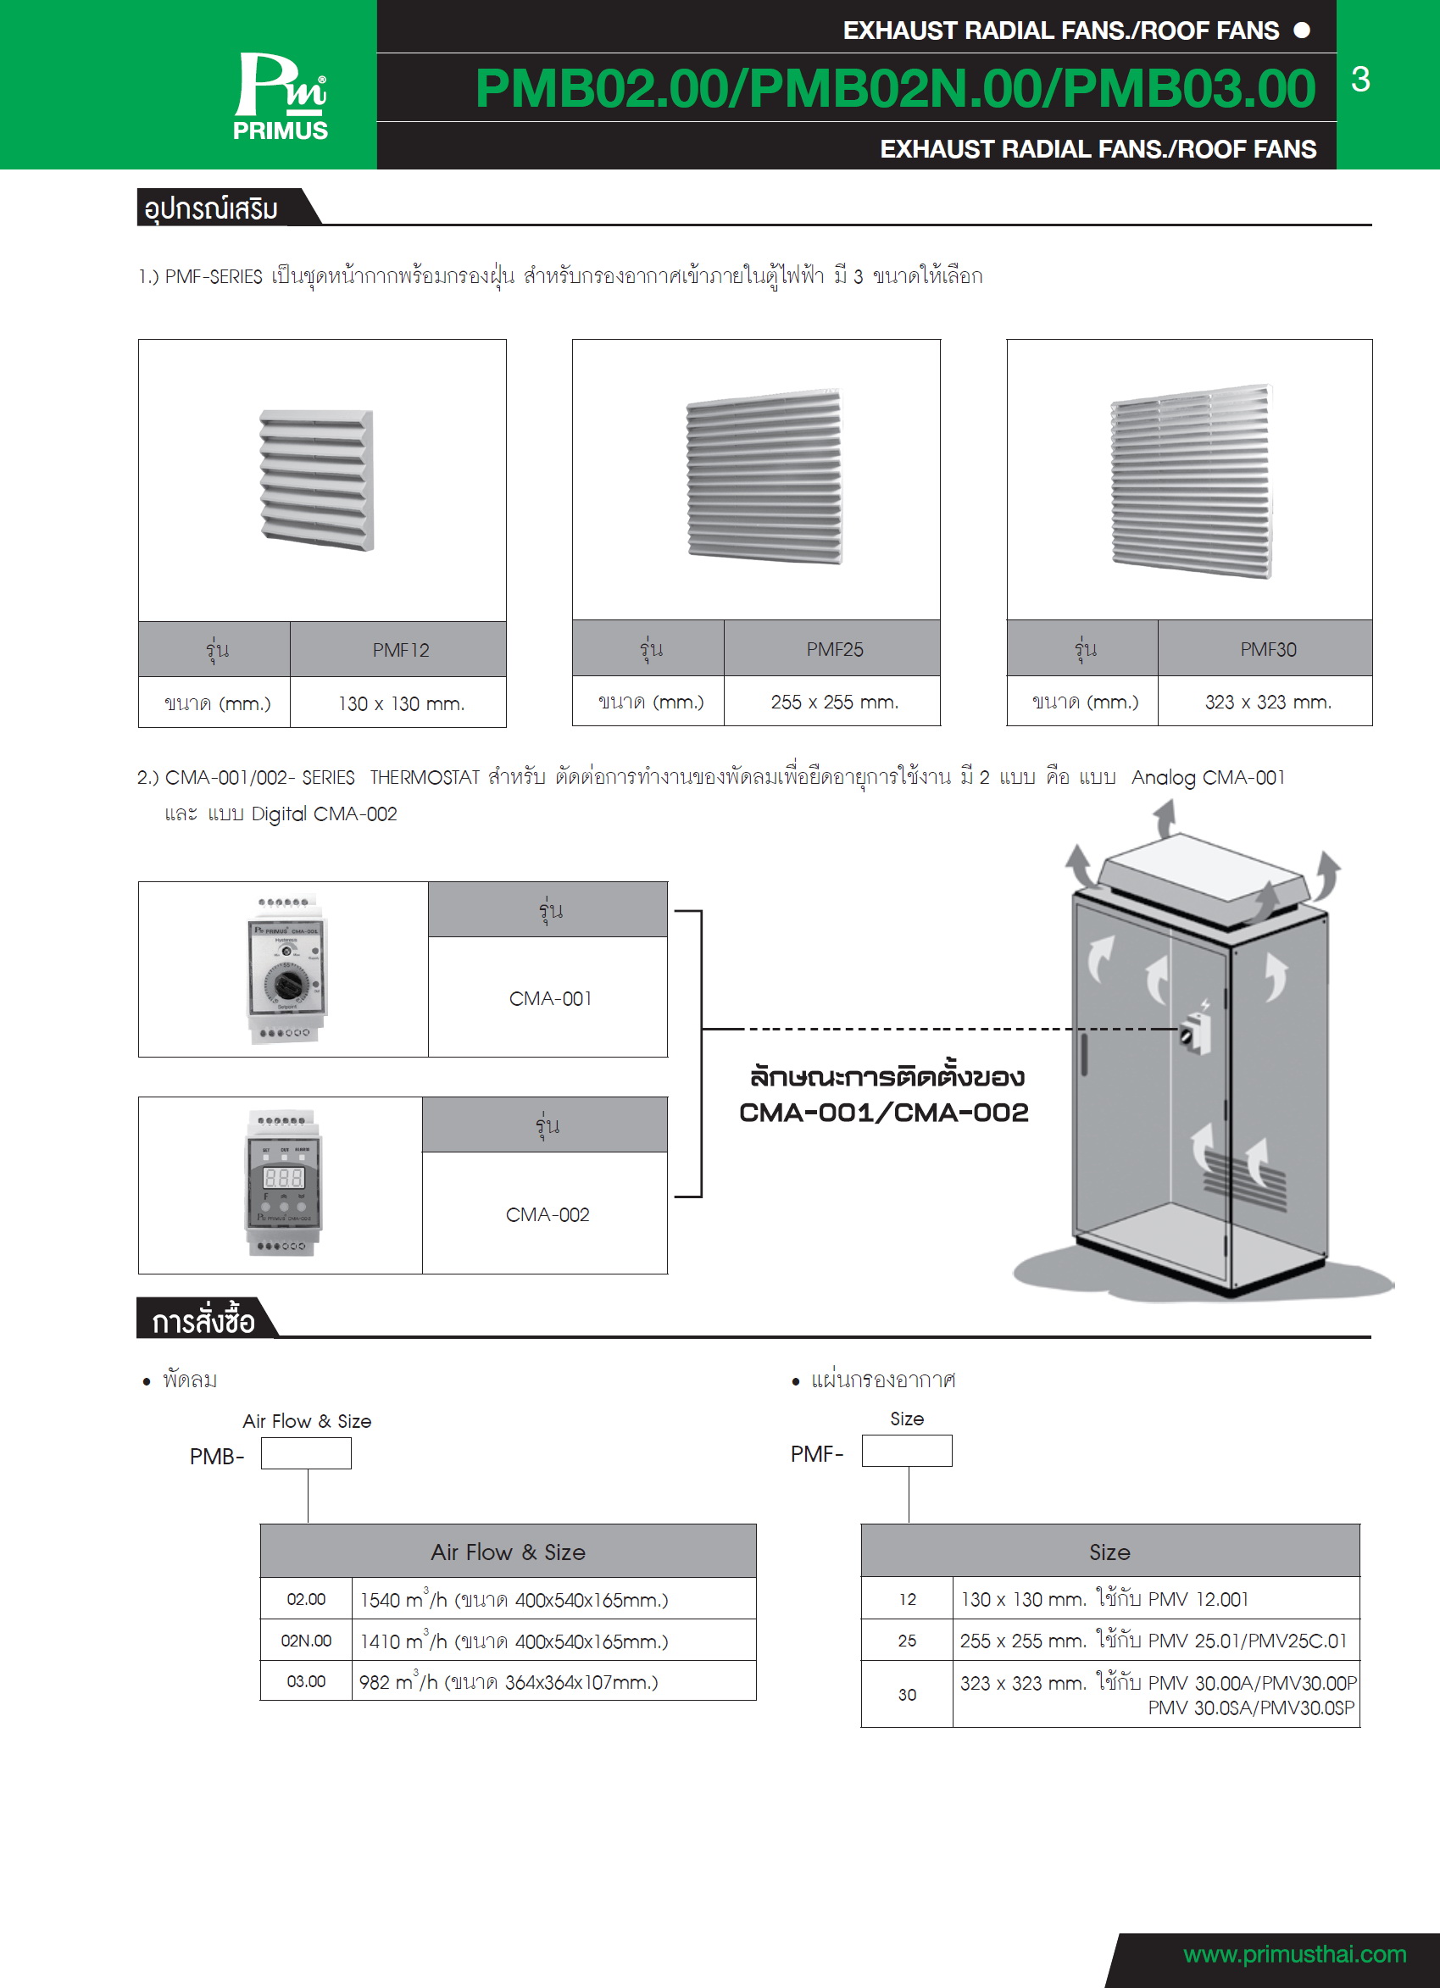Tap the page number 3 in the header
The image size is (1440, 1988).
(1360, 80)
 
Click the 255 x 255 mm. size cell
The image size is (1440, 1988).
(833, 702)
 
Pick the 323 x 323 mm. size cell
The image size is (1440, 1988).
(1267, 702)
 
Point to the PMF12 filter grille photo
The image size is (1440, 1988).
(317, 480)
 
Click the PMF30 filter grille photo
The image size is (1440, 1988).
(1191, 480)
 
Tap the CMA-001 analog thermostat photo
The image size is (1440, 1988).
(286, 969)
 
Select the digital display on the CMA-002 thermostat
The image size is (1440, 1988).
(283, 1177)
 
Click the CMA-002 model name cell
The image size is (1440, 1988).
(547, 1215)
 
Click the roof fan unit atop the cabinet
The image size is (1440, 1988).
(1202, 878)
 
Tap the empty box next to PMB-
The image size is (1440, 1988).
(306, 1454)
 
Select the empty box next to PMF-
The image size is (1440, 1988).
(906, 1452)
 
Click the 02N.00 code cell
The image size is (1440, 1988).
(306, 1641)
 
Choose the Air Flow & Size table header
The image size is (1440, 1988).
(508, 1552)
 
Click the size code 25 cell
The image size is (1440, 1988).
(906, 1641)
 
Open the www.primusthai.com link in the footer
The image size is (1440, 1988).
(1293, 1954)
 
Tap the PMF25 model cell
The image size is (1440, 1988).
(833, 649)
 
